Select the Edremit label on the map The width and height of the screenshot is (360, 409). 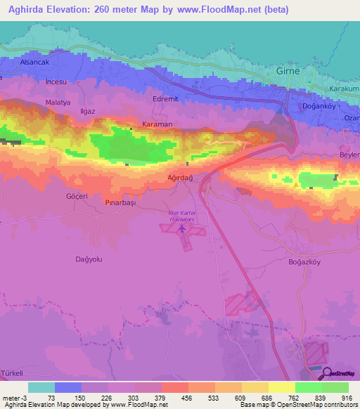point(165,100)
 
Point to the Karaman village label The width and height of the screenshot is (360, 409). point(157,124)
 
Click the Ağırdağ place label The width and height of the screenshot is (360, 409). point(179,178)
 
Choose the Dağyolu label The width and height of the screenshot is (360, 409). point(89,259)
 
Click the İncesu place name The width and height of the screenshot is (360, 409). point(56,82)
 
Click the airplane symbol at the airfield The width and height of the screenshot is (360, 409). point(182,228)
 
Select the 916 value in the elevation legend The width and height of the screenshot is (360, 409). point(347,398)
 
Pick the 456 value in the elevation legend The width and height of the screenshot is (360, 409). point(187,398)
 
